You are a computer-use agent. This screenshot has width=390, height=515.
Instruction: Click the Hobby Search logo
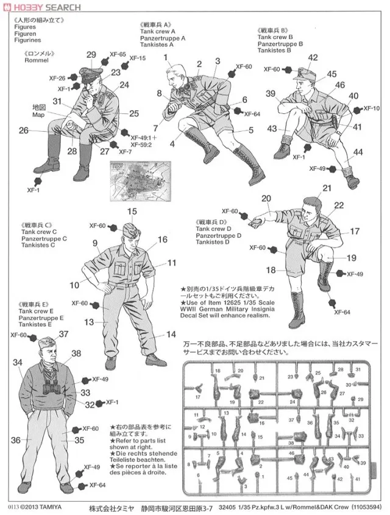pyautogui.click(x=41, y=7)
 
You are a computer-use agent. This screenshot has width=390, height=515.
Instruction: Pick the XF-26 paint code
pyautogui.click(x=57, y=78)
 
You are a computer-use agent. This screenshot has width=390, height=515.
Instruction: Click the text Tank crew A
pyautogui.click(x=158, y=32)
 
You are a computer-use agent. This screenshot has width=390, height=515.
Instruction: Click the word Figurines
pyautogui.click(x=28, y=40)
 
